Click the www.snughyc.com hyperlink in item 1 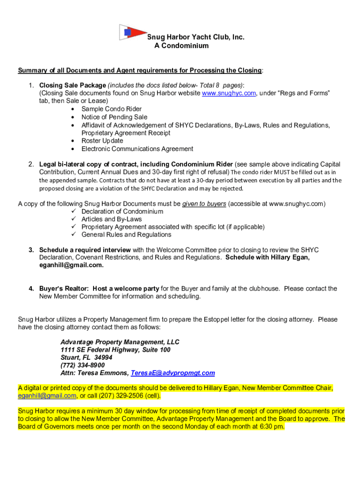point(229,93)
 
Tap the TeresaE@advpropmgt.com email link point(173,373)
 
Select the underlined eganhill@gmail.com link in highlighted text point(47,395)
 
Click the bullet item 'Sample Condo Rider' point(111,109)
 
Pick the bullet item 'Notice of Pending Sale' point(114,117)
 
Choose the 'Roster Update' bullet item point(102,141)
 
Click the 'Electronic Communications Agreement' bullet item point(137,149)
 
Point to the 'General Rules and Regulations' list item point(126,235)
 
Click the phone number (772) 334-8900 point(82,365)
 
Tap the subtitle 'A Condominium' point(181,46)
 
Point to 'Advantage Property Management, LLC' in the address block point(120,342)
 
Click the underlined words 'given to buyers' point(204,204)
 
